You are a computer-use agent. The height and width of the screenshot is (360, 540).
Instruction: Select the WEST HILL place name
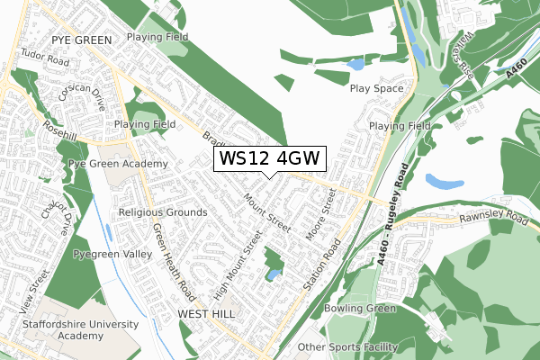pos(205,313)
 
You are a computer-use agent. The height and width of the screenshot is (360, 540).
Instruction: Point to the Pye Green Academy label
pos(118,164)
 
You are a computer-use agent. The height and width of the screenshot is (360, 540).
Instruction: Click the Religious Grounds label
pos(163,212)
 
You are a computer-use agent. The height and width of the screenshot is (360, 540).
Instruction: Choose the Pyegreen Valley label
pos(112,255)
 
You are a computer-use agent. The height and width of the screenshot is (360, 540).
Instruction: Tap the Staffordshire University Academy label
pos(82,329)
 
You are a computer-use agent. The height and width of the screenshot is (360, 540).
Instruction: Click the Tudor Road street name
pos(45,60)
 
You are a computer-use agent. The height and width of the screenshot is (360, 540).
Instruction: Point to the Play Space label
pos(377,89)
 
